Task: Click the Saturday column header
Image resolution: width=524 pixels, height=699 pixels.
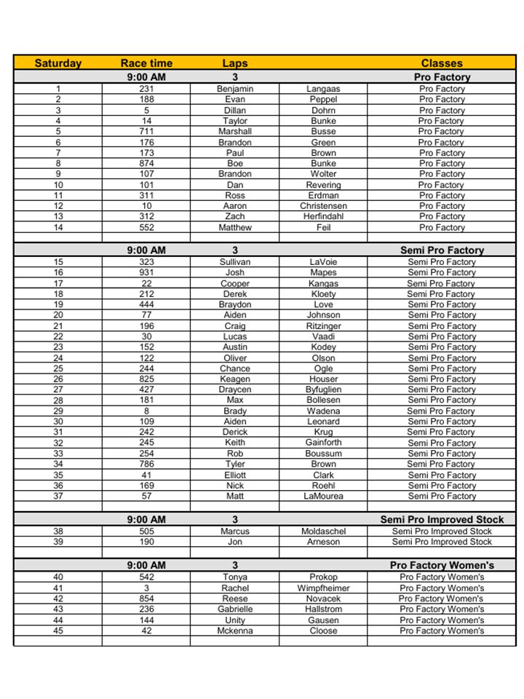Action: (58, 63)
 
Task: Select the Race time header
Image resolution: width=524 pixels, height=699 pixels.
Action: (146, 63)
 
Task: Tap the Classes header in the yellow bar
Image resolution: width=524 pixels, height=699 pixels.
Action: (442, 63)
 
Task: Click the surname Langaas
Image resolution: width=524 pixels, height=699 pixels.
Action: (323, 89)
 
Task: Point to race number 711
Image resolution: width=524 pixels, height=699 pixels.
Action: (146, 132)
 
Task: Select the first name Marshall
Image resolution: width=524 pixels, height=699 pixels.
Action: (235, 132)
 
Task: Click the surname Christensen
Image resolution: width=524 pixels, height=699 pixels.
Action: (323, 206)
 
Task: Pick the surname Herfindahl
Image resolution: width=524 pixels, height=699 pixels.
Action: (323, 217)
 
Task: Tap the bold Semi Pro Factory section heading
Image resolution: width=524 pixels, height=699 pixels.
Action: (442, 250)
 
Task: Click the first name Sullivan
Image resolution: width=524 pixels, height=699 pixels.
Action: (235, 262)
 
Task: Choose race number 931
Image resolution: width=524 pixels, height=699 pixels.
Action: (146, 273)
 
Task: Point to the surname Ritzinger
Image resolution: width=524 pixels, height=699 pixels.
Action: (323, 326)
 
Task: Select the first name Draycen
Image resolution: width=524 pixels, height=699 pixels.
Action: (235, 390)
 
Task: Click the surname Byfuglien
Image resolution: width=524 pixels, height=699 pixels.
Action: (323, 390)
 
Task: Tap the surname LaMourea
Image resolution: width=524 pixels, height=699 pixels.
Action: (323, 497)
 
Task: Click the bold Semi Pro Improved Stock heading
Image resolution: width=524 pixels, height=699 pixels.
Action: (442, 520)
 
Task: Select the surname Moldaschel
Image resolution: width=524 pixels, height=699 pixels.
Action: (323, 532)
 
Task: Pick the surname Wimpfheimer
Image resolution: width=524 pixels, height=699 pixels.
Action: (323, 588)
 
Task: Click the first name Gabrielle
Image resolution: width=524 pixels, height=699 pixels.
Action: (235, 609)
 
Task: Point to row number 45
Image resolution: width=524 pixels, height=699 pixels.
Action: (58, 631)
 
